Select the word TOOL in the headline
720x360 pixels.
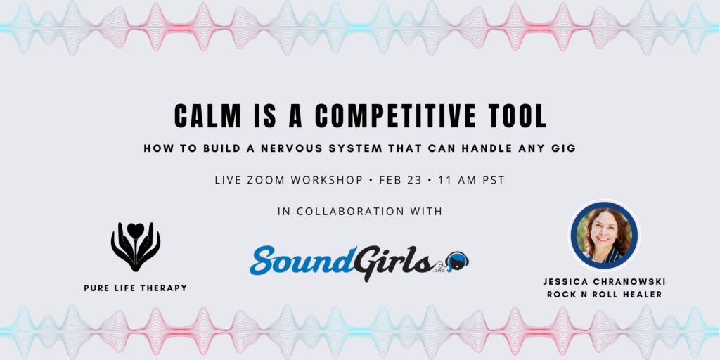pos(517,116)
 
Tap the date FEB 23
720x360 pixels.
pos(400,181)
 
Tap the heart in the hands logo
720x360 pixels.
pos(136,230)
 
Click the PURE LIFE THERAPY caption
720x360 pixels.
pos(136,288)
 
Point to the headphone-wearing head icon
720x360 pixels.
pos(457,261)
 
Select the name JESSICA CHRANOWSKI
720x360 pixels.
pos(604,281)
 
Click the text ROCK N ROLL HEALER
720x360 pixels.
pos(604,295)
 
